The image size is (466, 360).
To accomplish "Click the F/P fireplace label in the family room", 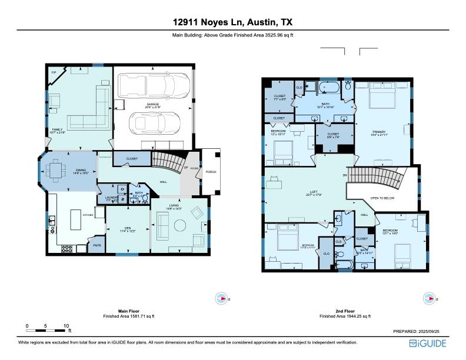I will point(54,72).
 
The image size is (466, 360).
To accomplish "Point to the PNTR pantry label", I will point(96,245).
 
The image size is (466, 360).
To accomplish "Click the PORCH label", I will point(210,172).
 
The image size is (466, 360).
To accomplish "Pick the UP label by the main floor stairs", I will point(187,168).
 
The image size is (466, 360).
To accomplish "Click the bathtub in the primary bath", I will point(328,89).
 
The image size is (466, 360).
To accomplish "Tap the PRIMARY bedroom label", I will point(378,132).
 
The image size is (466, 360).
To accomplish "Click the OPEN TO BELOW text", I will point(382,198).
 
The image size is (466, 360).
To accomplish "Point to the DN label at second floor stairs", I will point(345,176).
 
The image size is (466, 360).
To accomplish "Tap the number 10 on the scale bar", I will point(66,325).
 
